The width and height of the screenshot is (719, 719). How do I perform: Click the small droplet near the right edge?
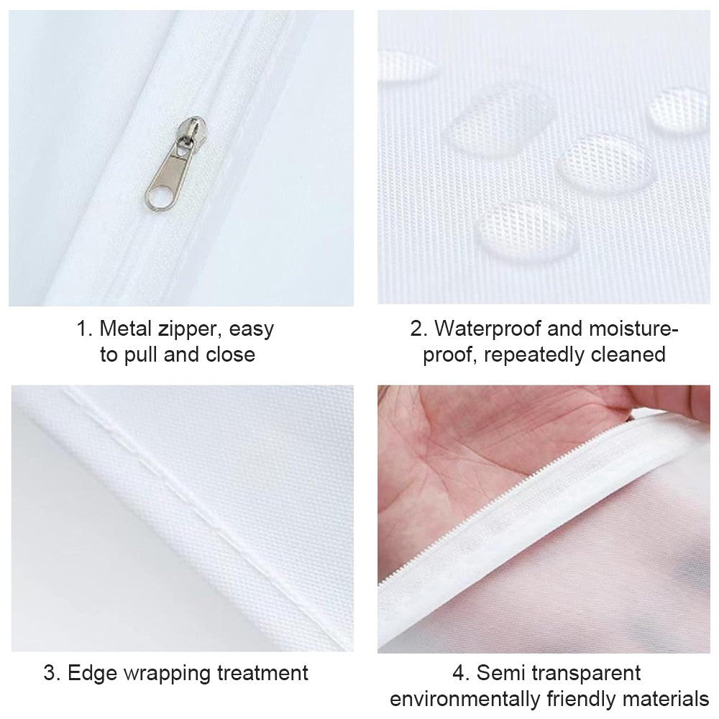coord(678,108)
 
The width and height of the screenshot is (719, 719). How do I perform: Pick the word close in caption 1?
coord(229,354)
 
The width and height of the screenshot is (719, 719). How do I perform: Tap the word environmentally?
coord(470,699)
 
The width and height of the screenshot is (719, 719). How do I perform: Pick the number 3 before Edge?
coord(49,674)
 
